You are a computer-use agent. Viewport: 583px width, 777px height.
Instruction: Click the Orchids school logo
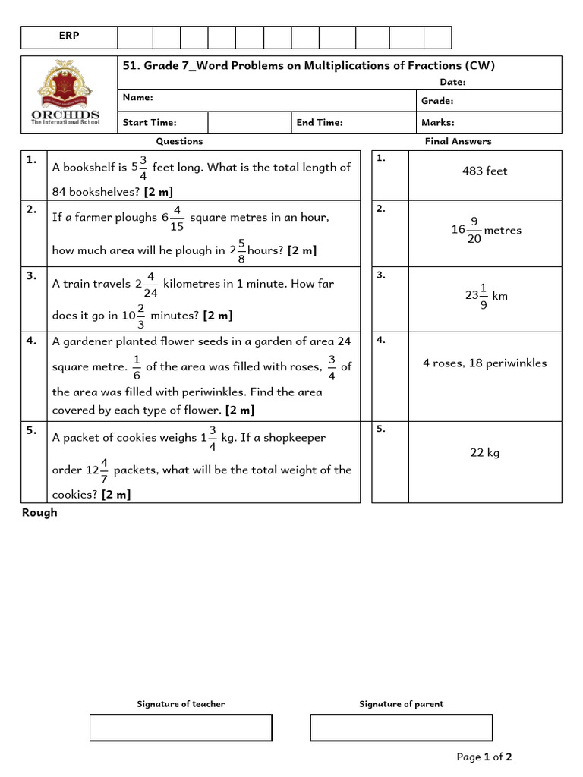coord(68,93)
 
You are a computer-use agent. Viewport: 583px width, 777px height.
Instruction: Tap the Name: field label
coord(137,98)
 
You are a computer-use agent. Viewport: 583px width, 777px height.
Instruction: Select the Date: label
coord(452,82)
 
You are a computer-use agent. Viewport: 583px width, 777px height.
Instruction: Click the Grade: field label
coord(437,101)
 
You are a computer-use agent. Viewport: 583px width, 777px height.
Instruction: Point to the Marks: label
coord(437,122)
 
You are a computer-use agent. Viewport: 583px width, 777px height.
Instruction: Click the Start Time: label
coord(150,122)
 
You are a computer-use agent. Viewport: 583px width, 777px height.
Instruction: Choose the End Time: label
coord(320,122)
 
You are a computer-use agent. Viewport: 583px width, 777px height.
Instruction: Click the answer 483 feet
coord(484,171)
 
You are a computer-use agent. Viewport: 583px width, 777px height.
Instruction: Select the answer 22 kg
coord(484,453)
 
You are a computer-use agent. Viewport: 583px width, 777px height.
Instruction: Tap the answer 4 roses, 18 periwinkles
coord(484,363)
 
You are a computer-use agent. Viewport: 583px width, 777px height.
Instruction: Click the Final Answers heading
coord(458,141)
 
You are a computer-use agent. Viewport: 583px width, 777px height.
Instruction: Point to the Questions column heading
coord(179,141)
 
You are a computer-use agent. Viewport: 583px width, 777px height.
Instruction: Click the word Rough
coord(39,513)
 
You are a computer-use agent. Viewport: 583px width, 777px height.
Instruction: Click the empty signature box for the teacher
coord(181,727)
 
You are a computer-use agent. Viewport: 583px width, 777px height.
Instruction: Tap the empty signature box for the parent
coord(401,727)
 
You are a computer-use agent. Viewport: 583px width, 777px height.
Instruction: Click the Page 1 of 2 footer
coord(484,757)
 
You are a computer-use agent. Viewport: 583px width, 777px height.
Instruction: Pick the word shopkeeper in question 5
coord(295,438)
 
